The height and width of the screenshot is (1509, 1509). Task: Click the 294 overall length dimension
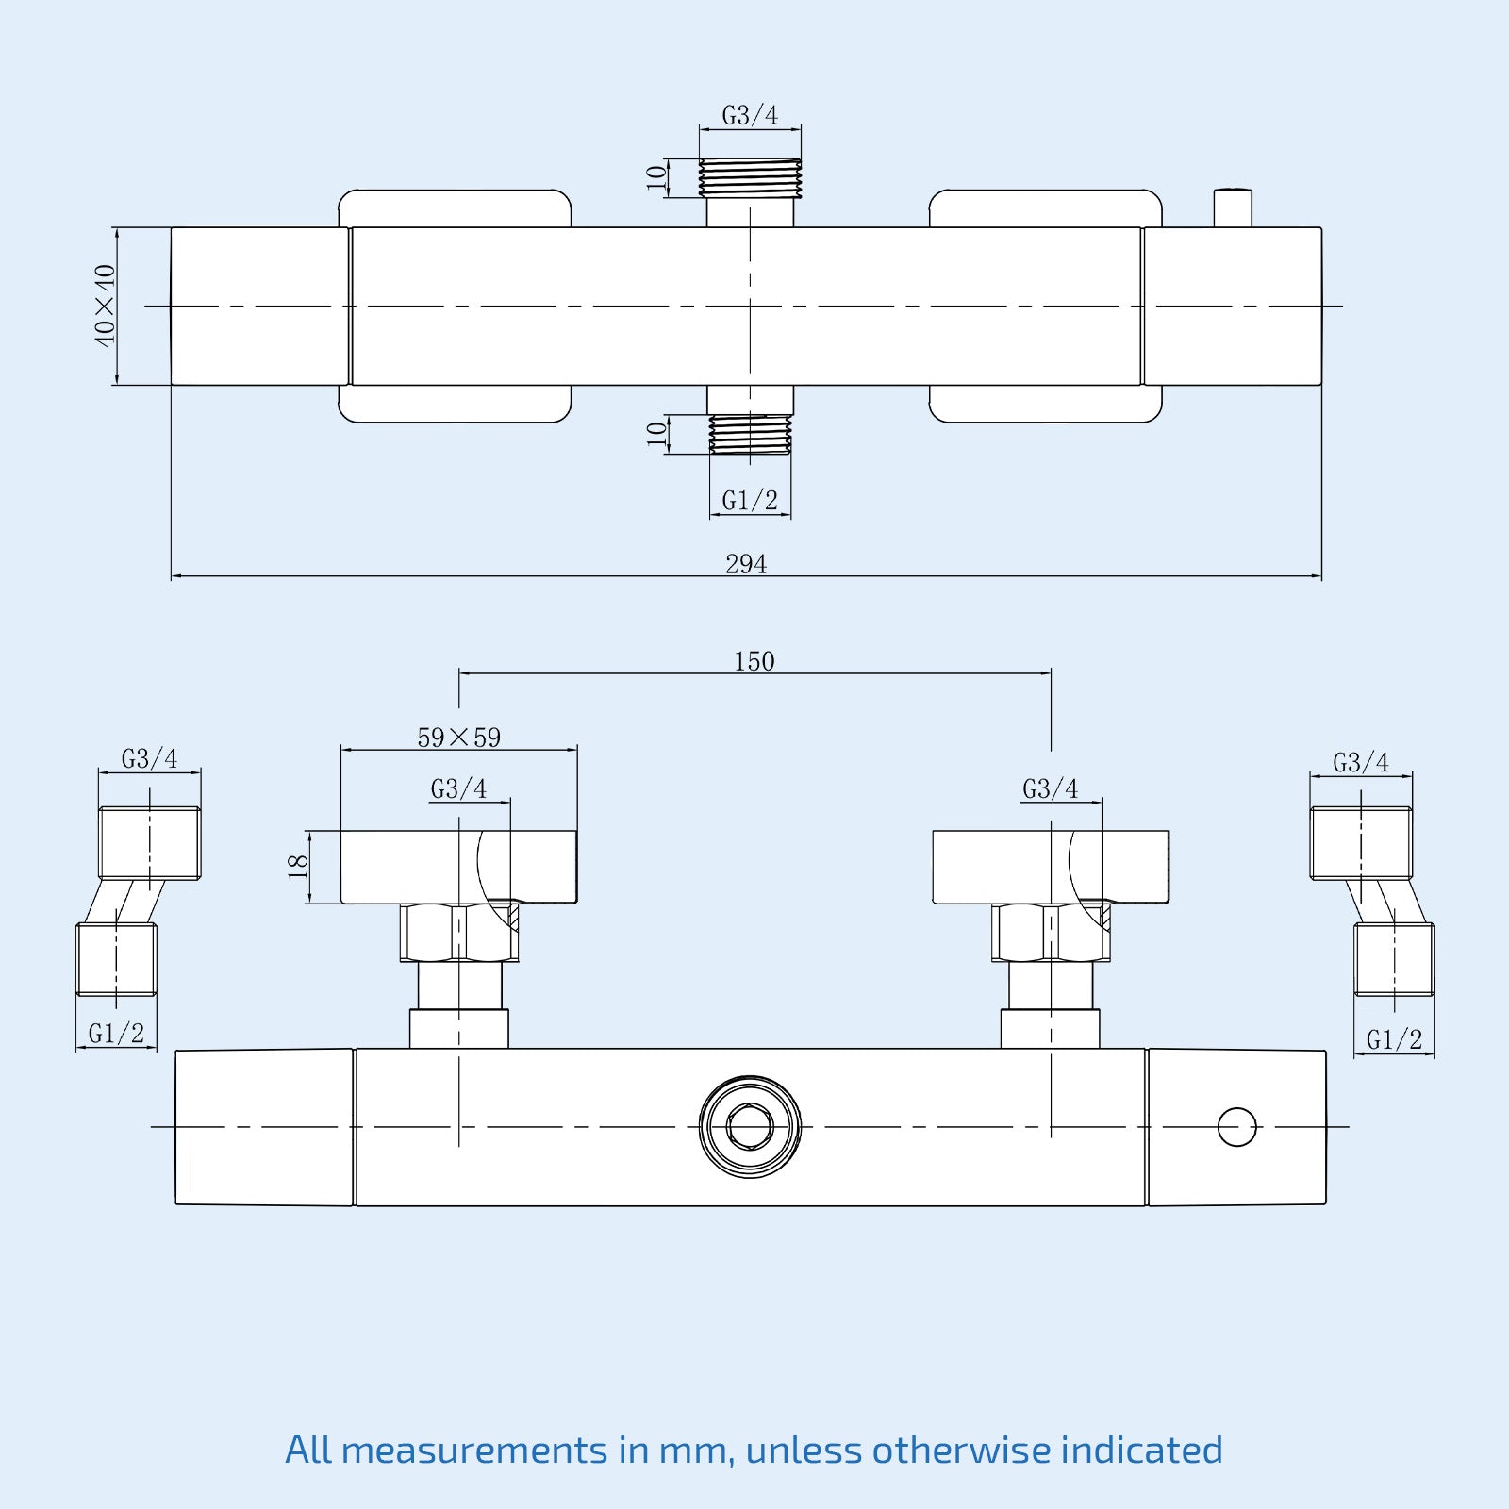[746, 564]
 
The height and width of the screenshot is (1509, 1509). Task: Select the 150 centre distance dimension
[754, 661]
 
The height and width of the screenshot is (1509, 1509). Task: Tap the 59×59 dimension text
[459, 738]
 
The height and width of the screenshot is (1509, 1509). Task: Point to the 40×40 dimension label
[105, 306]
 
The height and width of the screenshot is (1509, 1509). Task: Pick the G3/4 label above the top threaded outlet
[750, 115]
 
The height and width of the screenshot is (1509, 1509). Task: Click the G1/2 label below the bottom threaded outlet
[750, 501]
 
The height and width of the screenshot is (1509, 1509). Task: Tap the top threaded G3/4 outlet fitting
[750, 177]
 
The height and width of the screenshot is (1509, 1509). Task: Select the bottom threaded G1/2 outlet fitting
[750, 435]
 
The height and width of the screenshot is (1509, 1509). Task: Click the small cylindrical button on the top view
[1233, 207]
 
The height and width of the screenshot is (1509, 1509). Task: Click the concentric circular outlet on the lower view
[751, 1127]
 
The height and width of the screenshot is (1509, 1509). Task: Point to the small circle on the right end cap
[1237, 1127]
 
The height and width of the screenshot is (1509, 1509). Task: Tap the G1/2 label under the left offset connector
[116, 1034]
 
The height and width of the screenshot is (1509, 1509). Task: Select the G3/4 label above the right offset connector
[1360, 762]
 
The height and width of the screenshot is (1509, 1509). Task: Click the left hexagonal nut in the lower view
[459, 933]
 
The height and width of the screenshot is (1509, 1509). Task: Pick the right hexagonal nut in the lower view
[1051, 933]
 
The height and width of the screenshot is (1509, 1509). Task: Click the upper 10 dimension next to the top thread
[656, 177]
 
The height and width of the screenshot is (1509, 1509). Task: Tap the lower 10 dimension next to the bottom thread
[656, 434]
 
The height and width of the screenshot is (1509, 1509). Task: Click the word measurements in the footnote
[474, 1450]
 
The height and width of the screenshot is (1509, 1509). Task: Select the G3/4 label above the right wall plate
[1050, 788]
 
